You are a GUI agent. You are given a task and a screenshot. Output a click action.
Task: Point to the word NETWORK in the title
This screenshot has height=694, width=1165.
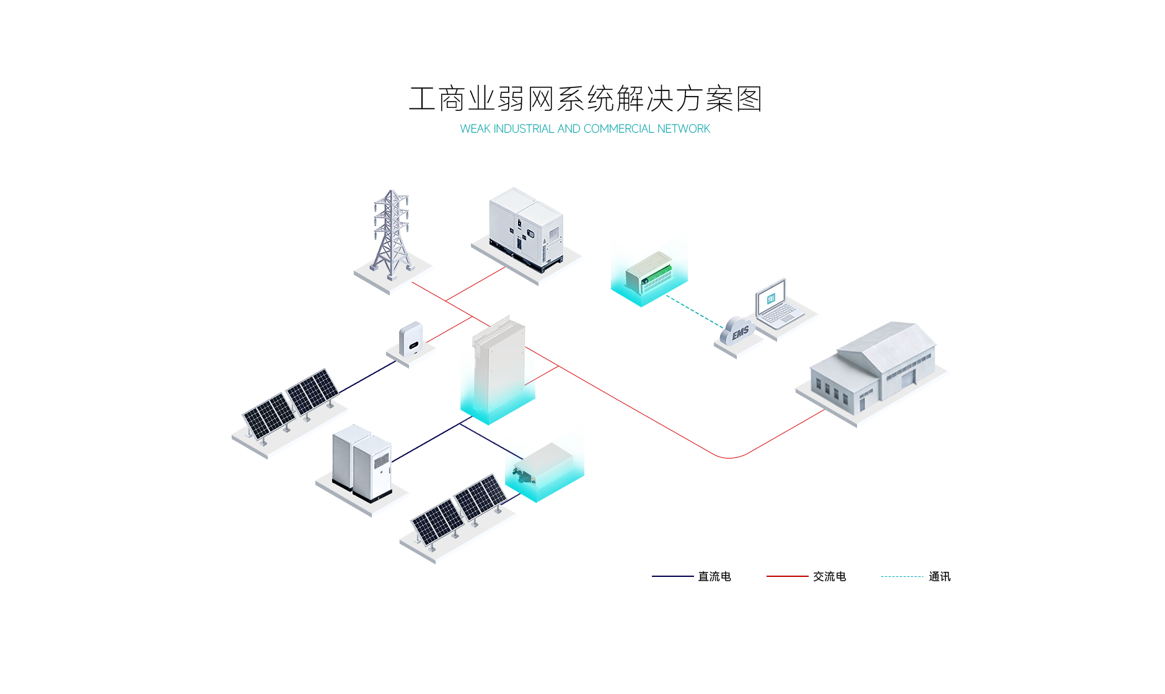(x=684, y=129)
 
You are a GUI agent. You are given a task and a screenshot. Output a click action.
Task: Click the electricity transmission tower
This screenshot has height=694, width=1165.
(x=391, y=235)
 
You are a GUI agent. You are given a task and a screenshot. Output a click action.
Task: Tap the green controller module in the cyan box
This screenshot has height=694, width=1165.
(x=648, y=271)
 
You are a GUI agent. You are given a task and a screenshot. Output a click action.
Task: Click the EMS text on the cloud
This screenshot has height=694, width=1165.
(x=740, y=333)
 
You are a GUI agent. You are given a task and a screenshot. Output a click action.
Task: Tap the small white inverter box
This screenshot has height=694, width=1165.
(x=410, y=339)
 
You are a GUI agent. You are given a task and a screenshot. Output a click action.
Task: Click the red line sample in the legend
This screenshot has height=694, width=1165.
(x=787, y=576)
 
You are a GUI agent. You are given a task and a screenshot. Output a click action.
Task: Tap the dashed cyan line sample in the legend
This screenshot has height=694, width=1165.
(x=902, y=576)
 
